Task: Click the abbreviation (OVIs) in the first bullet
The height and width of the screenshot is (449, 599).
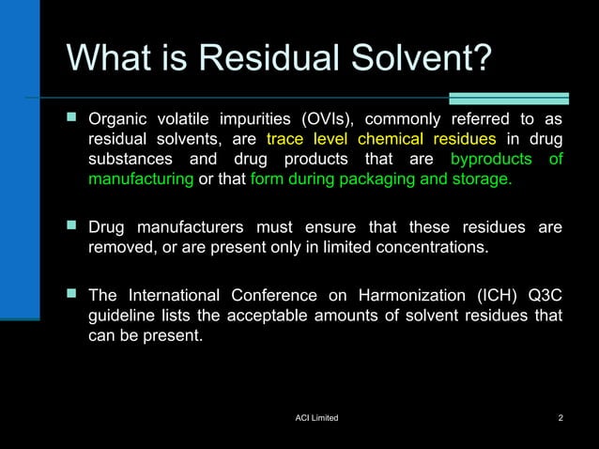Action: (325, 120)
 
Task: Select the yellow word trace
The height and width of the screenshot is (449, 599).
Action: (286, 139)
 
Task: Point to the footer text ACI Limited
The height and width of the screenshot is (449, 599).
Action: (316, 417)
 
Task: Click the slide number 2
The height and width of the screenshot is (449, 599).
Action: (561, 417)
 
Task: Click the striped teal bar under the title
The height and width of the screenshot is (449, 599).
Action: (508, 98)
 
